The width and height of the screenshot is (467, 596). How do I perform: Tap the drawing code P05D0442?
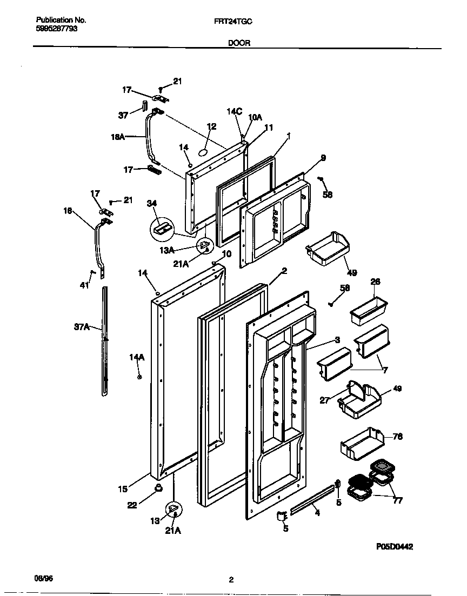(x=395, y=546)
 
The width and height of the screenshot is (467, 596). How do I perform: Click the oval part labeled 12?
(x=203, y=152)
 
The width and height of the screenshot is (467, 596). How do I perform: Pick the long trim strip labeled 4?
(x=313, y=500)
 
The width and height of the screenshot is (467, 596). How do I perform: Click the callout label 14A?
(x=137, y=357)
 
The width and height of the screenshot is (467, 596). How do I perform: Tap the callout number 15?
(x=123, y=489)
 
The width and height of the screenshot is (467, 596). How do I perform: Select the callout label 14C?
(x=234, y=111)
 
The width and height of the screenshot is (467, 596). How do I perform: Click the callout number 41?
(x=84, y=286)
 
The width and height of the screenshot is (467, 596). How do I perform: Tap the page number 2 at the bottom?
(x=231, y=580)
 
